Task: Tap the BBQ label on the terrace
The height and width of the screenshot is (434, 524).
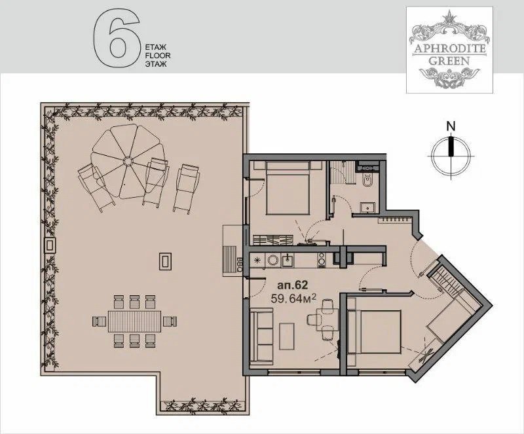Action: click(x=240, y=263)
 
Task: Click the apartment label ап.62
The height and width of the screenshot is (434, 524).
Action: click(x=292, y=285)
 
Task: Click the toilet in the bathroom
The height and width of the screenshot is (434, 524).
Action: click(x=366, y=180)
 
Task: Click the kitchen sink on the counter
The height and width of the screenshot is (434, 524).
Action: click(x=287, y=260)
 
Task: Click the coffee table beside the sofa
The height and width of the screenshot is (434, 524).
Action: click(x=287, y=336)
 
